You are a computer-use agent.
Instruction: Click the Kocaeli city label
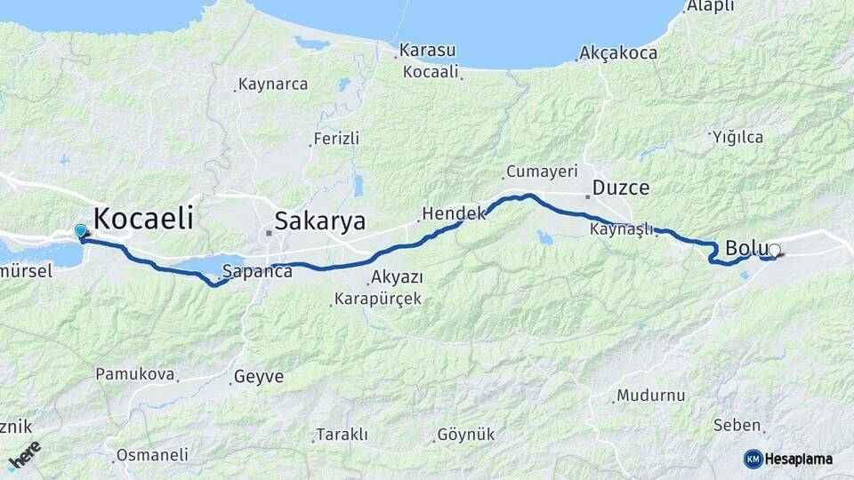point(142,219)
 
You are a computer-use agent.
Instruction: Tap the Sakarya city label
point(319,221)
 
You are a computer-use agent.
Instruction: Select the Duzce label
point(620,188)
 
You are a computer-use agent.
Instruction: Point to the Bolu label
point(745,248)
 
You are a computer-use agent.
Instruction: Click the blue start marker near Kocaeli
point(81,231)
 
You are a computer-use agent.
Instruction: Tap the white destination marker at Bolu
point(774,252)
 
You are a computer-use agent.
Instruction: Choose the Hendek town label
point(454,214)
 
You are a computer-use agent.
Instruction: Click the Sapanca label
point(257,271)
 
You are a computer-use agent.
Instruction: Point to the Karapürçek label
point(378,299)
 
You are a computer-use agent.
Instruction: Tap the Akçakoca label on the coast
point(617,53)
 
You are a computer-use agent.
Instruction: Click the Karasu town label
point(427,50)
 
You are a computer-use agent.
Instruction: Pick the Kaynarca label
point(273,84)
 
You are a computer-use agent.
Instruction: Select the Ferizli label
point(336,139)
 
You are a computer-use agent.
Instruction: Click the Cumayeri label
point(542,171)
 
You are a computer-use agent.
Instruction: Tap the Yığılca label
point(737,137)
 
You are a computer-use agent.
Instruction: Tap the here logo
point(24,455)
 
